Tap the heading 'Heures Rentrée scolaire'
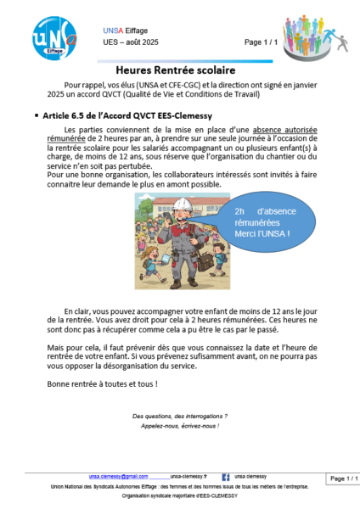point(181,72)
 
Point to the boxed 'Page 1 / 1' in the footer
point(344,478)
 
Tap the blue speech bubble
point(271,222)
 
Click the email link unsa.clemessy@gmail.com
point(118,477)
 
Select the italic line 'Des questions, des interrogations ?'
point(180,417)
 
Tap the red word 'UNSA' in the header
point(111,31)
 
